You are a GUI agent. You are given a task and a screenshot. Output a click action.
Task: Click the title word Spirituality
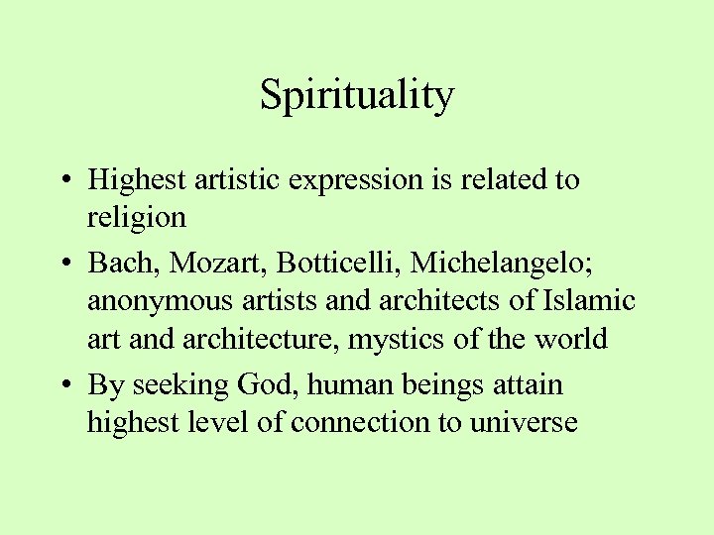point(357,96)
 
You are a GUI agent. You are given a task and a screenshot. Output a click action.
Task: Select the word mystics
point(404,340)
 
